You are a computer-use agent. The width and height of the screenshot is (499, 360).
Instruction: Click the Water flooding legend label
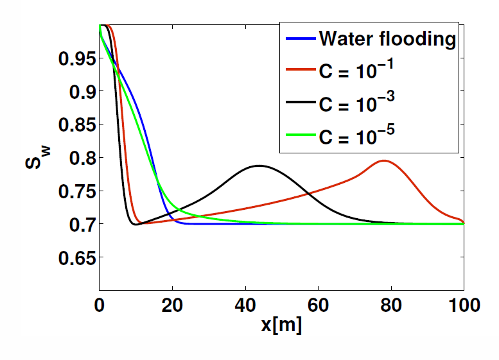coord(387,39)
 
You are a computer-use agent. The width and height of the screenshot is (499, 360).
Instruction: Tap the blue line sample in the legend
coord(299,40)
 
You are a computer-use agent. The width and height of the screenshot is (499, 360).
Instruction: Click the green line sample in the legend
coord(299,135)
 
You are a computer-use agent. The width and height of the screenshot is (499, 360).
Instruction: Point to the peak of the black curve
coord(259,166)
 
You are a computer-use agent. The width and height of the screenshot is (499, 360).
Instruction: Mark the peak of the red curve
coord(384,160)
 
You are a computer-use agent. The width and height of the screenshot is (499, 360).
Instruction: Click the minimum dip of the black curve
coord(135,225)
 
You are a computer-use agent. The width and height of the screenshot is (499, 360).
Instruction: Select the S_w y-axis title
coord(33,157)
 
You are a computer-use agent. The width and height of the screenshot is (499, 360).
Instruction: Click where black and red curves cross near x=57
coord(307,193)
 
